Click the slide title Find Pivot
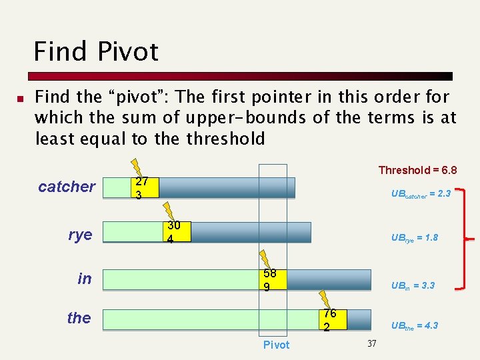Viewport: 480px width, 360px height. click(x=96, y=51)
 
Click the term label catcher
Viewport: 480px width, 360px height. click(x=67, y=187)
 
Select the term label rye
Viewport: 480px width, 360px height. click(x=80, y=235)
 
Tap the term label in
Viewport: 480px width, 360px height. click(x=85, y=279)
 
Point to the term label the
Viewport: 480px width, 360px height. click(x=79, y=318)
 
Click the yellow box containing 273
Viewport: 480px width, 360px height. click(x=144, y=187)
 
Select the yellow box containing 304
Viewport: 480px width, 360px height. click(x=177, y=231)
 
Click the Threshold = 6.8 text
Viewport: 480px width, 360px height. click(x=417, y=170)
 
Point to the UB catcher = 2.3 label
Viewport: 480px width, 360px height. click(x=421, y=194)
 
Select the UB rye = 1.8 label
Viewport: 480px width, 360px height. click(x=414, y=238)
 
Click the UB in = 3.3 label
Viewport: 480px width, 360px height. click(x=413, y=285)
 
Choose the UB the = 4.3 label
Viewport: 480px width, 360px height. click(x=414, y=325)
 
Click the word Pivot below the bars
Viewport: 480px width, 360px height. click(x=276, y=345)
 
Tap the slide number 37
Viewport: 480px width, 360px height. click(x=372, y=343)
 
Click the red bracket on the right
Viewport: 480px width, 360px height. click(x=461, y=238)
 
